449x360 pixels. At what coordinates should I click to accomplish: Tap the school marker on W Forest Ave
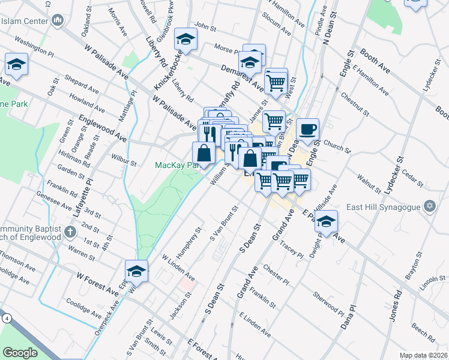(136, 271)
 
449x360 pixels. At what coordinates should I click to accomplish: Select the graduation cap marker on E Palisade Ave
(326, 221)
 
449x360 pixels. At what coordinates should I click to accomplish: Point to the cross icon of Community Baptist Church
(70, 232)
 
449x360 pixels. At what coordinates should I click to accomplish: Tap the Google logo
(20, 353)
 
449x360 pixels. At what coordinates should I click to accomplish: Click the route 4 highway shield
(6, 318)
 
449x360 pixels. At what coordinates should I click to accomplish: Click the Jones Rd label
(396, 308)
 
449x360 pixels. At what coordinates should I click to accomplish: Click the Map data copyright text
(423, 355)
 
